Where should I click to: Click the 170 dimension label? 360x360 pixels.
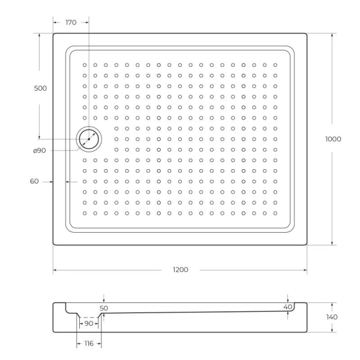click(x=71, y=22)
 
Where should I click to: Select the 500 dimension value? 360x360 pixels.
click(x=40, y=88)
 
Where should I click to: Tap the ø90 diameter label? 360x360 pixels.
click(x=40, y=151)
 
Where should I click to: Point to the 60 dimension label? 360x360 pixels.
click(x=34, y=181)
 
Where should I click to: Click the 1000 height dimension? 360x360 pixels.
click(x=333, y=139)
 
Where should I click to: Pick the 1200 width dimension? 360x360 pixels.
click(x=180, y=270)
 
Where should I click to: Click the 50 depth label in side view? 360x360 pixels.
click(x=104, y=307)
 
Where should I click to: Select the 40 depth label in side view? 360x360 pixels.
click(x=288, y=307)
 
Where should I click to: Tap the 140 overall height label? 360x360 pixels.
click(x=332, y=317)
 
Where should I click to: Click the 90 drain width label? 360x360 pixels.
click(x=89, y=323)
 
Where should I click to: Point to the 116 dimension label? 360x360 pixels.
click(x=89, y=344)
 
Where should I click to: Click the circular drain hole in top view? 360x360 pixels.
click(x=89, y=139)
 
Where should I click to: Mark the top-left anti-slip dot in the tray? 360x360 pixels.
click(x=85, y=64)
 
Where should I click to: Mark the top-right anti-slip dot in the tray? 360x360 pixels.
click(x=275, y=64)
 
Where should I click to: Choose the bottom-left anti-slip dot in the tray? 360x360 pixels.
click(x=85, y=213)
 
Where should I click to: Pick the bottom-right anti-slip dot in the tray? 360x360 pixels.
click(x=275, y=213)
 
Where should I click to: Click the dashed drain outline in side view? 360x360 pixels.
click(x=89, y=317)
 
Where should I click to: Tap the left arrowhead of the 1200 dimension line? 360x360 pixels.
click(x=55, y=270)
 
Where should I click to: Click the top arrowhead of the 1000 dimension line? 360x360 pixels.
click(x=331, y=35)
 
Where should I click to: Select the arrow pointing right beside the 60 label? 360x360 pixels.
click(x=50, y=181)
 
